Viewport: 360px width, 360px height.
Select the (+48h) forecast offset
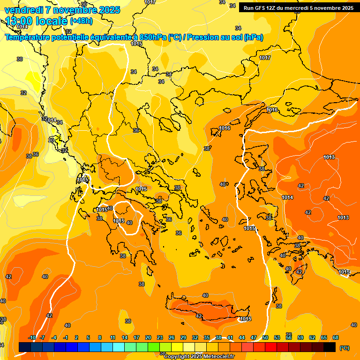coord(81,21)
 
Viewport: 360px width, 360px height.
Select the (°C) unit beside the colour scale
coord(344,347)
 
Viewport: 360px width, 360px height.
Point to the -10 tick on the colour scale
coord(32,337)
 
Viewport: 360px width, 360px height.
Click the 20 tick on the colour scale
coord(148,337)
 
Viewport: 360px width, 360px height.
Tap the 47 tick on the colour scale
coord(254,337)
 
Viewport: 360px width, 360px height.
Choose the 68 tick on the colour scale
coord(336,337)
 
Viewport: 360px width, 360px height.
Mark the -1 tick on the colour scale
coord(66,337)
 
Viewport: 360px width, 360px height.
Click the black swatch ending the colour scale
coord(330,347)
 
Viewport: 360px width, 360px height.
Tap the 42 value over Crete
coord(199,316)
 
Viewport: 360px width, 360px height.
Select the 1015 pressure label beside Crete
coord(245,319)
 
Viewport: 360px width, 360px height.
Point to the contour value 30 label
coord(20,59)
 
